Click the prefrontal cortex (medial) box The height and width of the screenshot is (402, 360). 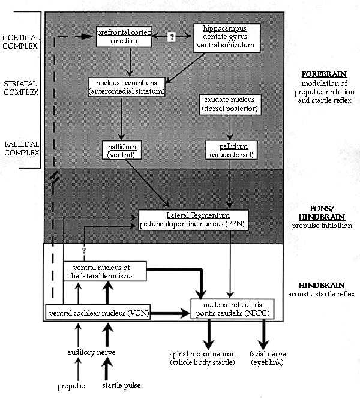pyautogui.click(x=124, y=37)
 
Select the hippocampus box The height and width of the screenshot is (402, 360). pyautogui.click(x=227, y=38)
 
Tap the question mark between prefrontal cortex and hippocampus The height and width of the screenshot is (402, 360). pyautogui.click(x=172, y=37)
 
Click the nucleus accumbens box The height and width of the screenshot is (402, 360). pyautogui.click(x=127, y=87)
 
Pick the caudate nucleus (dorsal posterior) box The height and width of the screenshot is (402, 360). pyautogui.click(x=230, y=104)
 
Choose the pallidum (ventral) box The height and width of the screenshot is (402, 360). pyautogui.click(x=122, y=150)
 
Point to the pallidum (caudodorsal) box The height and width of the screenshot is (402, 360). pyautogui.click(x=231, y=150)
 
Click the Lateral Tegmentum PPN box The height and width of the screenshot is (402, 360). pyautogui.click(x=193, y=220)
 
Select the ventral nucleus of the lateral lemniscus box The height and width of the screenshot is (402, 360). pyautogui.click(x=105, y=271)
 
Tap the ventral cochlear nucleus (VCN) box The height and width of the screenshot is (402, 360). pyautogui.click(x=98, y=312)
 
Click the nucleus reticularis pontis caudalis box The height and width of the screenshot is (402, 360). pyautogui.click(x=232, y=309)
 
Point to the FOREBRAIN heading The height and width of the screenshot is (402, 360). pyautogui.click(x=324, y=74)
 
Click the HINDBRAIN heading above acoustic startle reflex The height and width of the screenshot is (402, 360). pyautogui.click(x=322, y=286)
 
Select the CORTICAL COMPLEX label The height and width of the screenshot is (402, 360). pyautogui.click(x=21, y=42)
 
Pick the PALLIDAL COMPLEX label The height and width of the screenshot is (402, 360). pyautogui.click(x=22, y=148)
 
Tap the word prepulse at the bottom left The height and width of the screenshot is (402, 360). pyautogui.click(x=71, y=386)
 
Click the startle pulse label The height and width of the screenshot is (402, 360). pyautogui.click(x=121, y=385)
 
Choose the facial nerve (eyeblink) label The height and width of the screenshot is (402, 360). pyautogui.click(x=268, y=358)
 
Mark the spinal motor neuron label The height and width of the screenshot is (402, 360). pyautogui.click(x=203, y=358)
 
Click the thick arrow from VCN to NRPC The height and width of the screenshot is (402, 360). pyautogui.click(x=170, y=313)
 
